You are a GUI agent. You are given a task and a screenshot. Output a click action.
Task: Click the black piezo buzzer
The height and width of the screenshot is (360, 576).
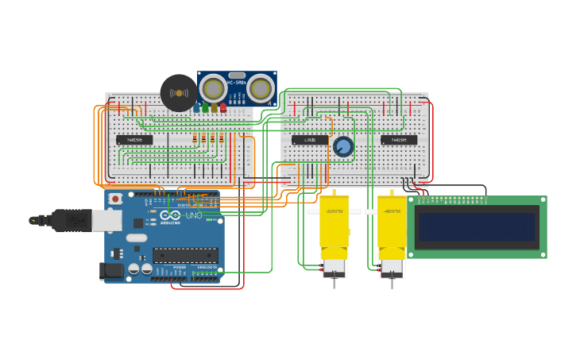pos(178,93)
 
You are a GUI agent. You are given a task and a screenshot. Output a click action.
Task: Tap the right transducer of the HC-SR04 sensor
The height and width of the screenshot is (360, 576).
pos(260,89)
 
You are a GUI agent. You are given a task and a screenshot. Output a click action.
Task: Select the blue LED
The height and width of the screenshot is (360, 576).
pos(196,107)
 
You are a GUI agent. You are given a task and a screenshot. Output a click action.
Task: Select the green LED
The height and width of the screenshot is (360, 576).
pos(205,107)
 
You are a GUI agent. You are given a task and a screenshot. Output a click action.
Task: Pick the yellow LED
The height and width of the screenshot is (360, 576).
pos(214,107)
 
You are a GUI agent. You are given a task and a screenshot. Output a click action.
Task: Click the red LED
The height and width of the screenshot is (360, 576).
pos(223,107)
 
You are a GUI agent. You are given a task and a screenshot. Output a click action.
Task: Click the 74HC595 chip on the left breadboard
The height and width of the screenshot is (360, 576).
pos(134,140)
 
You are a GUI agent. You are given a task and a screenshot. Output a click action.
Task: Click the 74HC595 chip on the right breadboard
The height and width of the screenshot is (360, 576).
pos(399,140)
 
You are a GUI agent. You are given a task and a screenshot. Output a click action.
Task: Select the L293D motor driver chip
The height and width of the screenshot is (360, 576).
pos(310,140)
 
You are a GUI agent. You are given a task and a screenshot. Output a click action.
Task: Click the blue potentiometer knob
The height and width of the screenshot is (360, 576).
pos(343,146)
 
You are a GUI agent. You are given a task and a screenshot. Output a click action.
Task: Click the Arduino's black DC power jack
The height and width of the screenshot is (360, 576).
pos(113,271)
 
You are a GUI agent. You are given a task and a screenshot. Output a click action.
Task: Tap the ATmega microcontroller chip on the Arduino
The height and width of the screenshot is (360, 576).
pos(185,255)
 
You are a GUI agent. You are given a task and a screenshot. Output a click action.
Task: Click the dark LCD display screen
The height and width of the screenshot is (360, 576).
pos(477,226)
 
